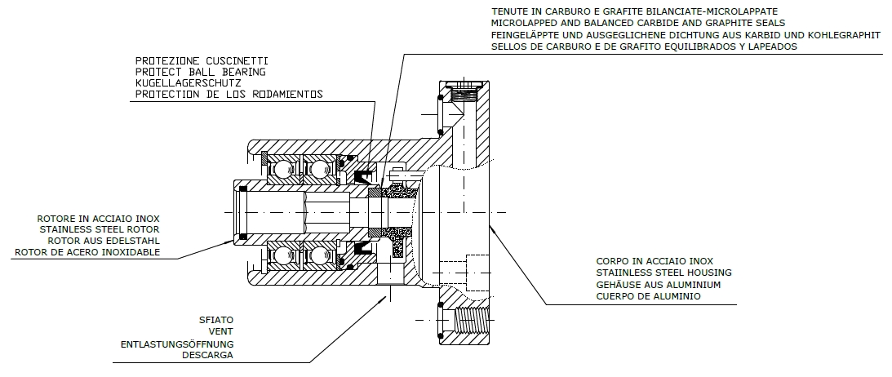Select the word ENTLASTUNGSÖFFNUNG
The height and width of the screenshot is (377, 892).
pos(177,344)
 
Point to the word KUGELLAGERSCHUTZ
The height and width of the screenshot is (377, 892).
pos(189,82)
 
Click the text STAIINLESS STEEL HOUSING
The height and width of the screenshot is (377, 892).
pos(663,273)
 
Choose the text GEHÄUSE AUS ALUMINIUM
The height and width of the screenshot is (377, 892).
pos(660,285)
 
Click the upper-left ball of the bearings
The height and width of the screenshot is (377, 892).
pos(280,169)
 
